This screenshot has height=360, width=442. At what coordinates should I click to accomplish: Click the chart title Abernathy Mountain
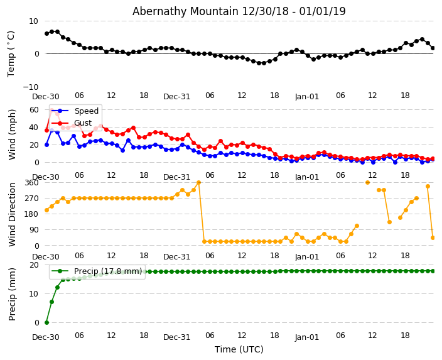point(239,11)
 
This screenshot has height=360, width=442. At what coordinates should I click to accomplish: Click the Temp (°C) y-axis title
point(11,53)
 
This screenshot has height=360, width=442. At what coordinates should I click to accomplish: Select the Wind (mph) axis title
point(13,134)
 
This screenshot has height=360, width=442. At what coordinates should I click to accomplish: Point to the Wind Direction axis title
point(13,214)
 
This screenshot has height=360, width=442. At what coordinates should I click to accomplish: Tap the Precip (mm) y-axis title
point(13,293)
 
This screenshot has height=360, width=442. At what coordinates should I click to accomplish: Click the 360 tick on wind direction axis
point(31,183)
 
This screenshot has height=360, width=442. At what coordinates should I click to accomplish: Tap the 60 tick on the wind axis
point(34,109)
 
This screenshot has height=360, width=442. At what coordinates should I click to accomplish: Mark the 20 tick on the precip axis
point(34,265)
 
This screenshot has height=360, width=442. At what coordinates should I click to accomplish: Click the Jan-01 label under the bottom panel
point(307,337)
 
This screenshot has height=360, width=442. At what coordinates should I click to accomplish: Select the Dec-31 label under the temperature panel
point(176,97)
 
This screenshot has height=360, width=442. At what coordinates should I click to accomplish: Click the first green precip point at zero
point(46,322)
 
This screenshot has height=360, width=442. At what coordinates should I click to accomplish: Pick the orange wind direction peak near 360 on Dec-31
point(198,183)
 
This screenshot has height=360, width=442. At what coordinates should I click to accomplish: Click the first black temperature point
point(46,33)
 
